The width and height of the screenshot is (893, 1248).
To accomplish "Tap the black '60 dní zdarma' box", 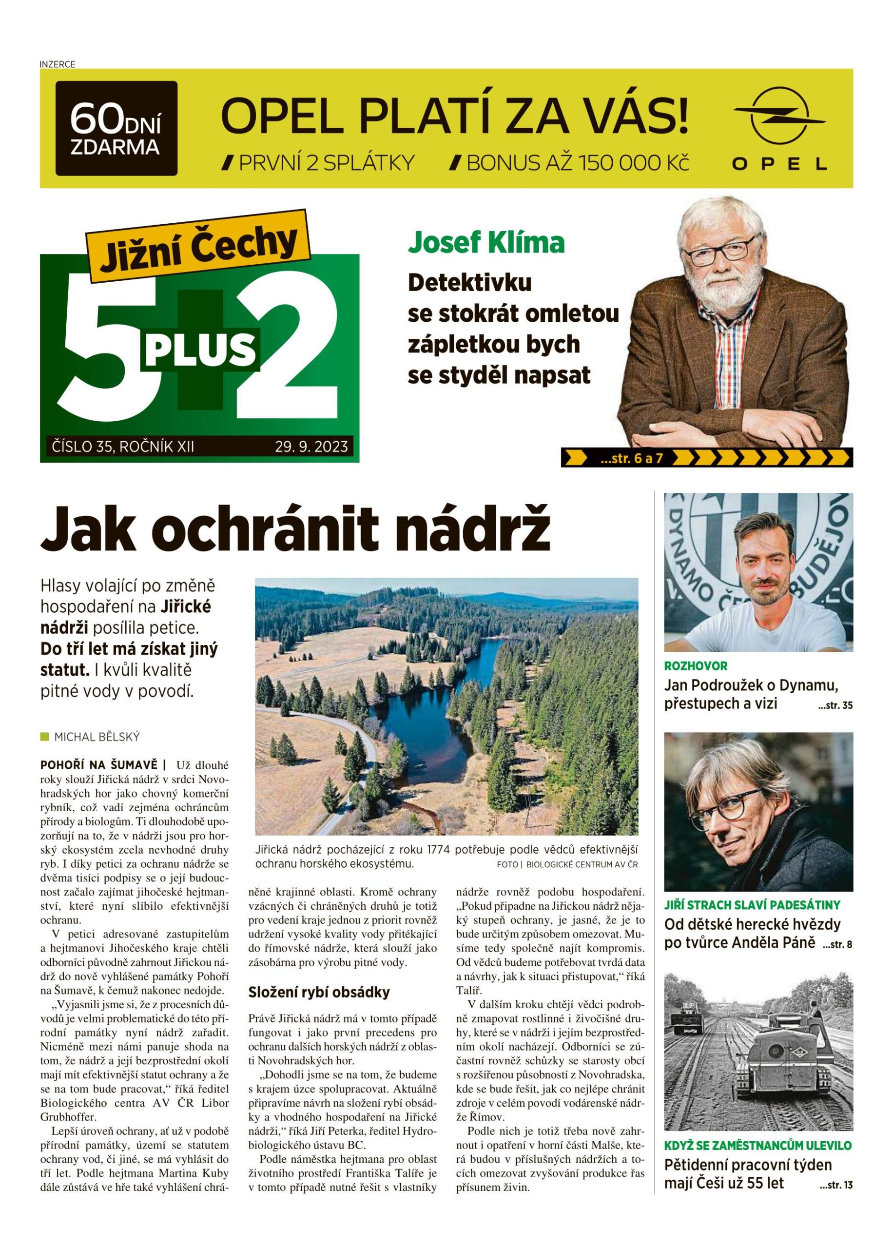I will pos(116,128).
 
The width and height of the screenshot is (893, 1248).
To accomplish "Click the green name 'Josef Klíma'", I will pos(486,242).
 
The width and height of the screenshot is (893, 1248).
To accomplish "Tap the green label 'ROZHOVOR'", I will pos(696,666).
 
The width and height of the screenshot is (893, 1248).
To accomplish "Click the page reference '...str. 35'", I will pos(835,706).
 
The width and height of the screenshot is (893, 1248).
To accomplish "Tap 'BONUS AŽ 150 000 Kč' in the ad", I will pos(570,163).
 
